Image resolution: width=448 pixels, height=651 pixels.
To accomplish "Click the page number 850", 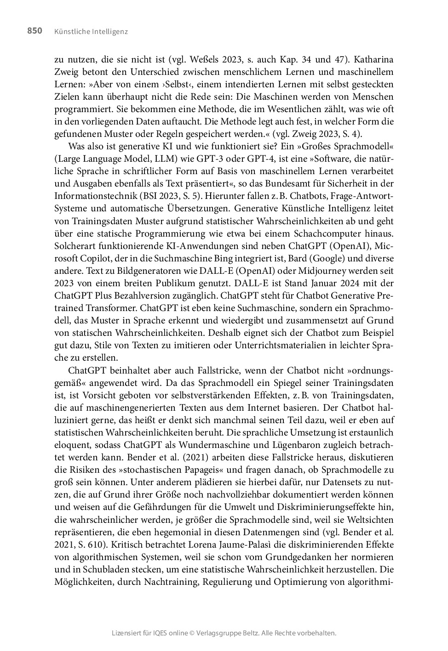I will click(x=35, y=31).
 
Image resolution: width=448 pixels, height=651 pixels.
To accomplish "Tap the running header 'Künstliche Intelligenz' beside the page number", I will click(x=91, y=32).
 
